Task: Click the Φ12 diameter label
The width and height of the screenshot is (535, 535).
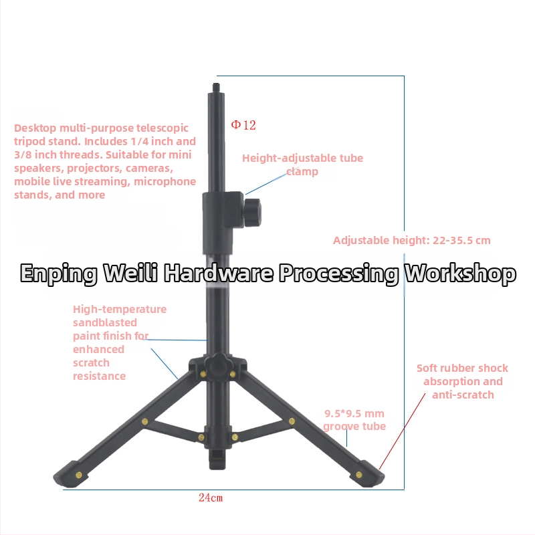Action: pos(243,125)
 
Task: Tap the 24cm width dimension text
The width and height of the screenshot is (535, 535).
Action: pos(211,498)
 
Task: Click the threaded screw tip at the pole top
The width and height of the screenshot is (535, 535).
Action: pos(216,87)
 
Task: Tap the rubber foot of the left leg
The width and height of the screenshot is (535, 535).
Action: pos(72,474)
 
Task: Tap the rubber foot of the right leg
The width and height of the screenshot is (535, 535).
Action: pos(366,473)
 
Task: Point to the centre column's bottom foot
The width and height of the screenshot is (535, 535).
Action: pos(217,459)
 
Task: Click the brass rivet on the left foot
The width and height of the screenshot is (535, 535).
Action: pos(79,475)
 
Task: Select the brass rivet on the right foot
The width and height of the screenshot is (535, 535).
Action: pos(359,474)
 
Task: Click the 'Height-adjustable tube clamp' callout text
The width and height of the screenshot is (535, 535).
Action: pos(303,165)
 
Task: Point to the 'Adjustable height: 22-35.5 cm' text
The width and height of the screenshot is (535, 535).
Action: pos(412,240)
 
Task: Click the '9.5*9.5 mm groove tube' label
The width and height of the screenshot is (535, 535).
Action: pos(354,420)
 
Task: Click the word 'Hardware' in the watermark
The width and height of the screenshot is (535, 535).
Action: pos(219,273)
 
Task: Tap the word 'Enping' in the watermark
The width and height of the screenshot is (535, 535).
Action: pos(59,274)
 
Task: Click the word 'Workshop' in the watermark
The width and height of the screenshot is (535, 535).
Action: pos(460,274)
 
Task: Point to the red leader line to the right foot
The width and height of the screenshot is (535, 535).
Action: pos(403,431)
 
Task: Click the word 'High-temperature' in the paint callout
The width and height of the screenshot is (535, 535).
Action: pos(120,309)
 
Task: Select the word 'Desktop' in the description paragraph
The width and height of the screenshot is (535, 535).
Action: pos(35,128)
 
